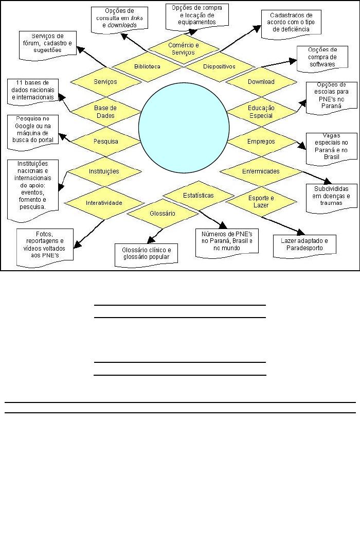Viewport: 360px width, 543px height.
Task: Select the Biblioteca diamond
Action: tap(148, 67)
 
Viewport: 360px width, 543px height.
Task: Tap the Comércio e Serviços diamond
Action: tap(184, 48)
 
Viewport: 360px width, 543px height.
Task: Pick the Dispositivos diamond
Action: tap(219, 67)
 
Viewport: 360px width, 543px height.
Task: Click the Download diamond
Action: tap(261, 82)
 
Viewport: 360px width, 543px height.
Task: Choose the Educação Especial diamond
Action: tap(261, 112)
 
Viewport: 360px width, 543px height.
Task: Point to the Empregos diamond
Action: tap(261, 142)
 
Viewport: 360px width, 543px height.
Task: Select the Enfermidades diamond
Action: tap(261, 171)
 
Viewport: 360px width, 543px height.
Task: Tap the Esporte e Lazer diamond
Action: tap(261, 202)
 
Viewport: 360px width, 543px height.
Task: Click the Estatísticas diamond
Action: tap(198, 196)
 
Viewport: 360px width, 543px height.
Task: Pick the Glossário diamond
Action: tap(163, 213)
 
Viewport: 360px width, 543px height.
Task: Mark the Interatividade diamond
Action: tap(104, 203)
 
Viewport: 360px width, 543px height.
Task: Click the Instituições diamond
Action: tap(104, 171)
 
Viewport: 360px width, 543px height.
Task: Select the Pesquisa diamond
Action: tap(106, 142)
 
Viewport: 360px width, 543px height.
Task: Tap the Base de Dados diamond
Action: tap(105, 112)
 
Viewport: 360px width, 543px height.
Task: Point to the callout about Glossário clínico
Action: tap(146, 254)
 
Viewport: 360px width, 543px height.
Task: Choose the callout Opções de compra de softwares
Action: tap(322, 61)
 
